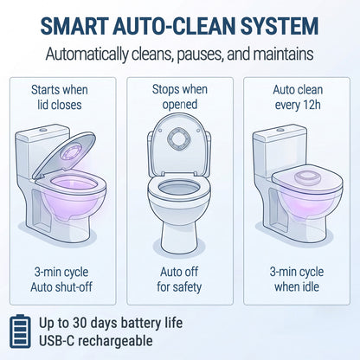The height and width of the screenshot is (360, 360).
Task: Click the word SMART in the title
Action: [x=74, y=26]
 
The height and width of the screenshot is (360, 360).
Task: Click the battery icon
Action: [x=20, y=331]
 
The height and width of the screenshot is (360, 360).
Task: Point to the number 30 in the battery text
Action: [x=80, y=323]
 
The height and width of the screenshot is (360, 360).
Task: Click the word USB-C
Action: [x=56, y=341]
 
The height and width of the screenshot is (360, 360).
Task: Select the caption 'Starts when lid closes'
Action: [x=60, y=97]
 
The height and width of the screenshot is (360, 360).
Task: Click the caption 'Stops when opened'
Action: [x=180, y=97]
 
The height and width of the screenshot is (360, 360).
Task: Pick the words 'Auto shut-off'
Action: [x=61, y=287]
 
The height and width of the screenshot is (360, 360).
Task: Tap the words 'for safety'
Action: [x=179, y=287]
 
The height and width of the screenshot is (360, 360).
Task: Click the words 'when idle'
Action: [x=297, y=287]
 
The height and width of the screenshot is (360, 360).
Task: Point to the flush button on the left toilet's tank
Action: [x=43, y=130]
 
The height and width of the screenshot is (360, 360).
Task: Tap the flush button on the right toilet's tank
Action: [x=280, y=130]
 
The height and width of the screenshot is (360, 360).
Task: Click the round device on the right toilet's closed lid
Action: [x=308, y=177]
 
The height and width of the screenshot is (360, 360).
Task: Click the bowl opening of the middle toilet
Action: [x=179, y=188]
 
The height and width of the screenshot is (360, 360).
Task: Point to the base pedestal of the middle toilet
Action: [x=179, y=236]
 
